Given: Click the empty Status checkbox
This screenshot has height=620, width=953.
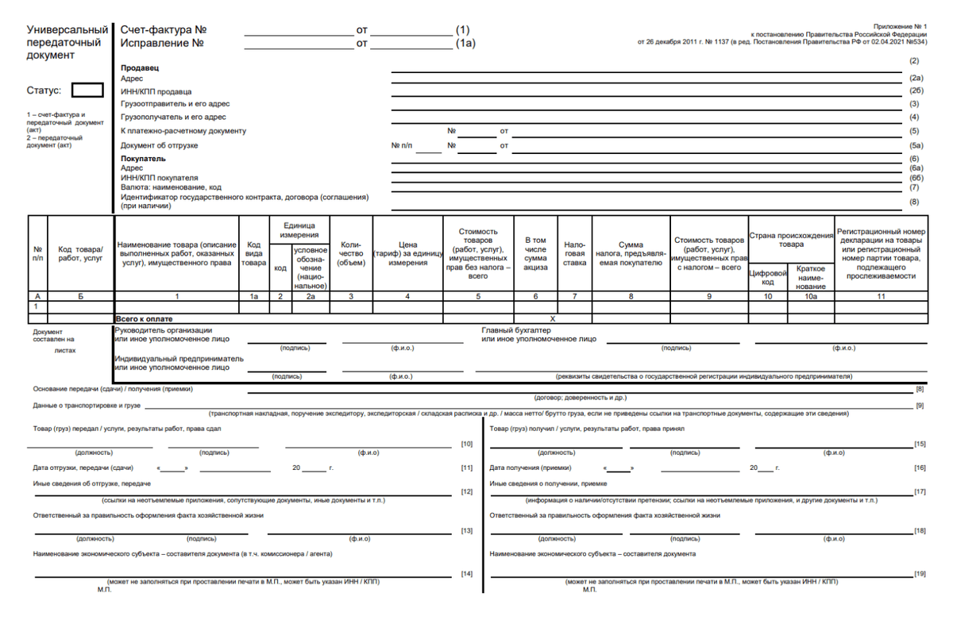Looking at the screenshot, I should [x=87, y=90].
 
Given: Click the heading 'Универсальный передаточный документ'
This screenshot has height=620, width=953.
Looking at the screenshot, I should [x=67, y=42].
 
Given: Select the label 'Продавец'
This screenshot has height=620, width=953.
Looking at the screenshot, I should [x=140, y=68].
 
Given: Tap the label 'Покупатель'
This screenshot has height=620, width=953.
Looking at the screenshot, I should [x=143, y=159].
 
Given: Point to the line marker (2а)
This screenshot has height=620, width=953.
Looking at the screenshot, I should [x=916, y=78].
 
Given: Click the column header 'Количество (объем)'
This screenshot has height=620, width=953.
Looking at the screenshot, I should [x=351, y=254].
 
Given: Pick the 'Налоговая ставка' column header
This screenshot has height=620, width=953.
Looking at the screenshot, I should [x=574, y=254].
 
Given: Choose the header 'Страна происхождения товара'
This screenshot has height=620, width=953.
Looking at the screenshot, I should [x=791, y=240].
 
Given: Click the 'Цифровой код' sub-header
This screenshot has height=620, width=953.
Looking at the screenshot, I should [x=768, y=277].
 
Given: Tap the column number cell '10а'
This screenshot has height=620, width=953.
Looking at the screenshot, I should [x=810, y=296].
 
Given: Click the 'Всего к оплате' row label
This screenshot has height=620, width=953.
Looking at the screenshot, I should [x=144, y=318].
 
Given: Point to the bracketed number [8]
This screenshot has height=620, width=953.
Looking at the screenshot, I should [x=920, y=389].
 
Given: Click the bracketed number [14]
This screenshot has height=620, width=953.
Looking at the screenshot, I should [x=467, y=573].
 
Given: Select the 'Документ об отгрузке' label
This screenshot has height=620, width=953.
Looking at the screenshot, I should [x=159, y=146].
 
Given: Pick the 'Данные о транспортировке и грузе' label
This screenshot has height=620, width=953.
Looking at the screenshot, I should [x=87, y=406].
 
